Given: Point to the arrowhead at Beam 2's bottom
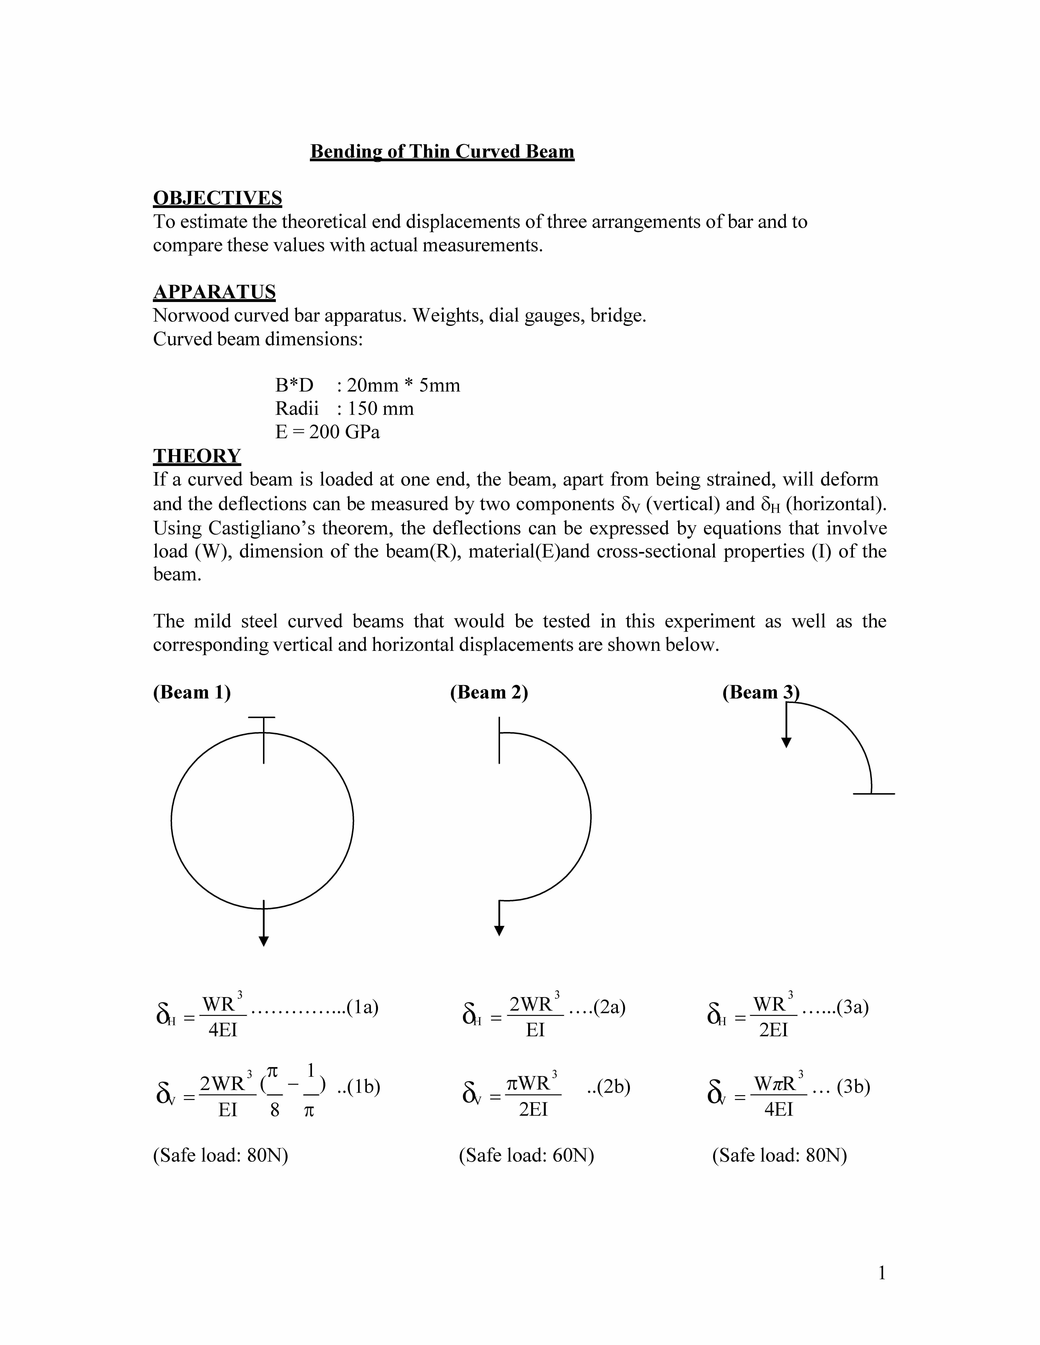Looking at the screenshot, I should pyautogui.click(x=499, y=931).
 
